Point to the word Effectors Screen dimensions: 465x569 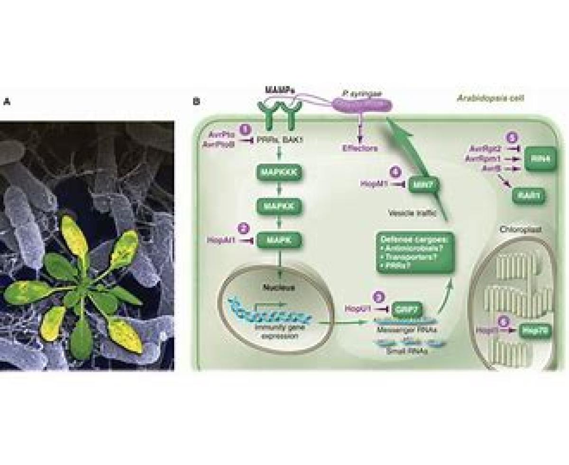[360, 148]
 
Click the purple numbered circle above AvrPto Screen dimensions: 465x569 [245, 129]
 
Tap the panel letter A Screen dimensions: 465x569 [6, 101]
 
